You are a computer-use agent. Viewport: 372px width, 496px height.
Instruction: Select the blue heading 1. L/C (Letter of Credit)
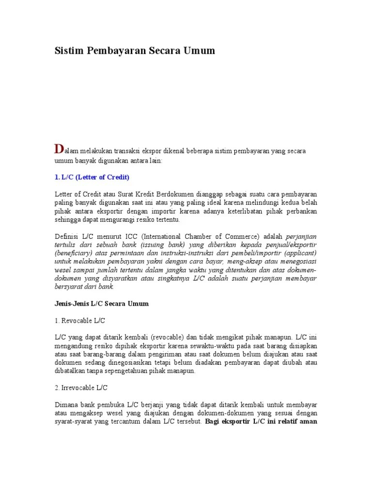click(x=92, y=177)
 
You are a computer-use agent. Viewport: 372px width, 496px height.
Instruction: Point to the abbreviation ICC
click(x=131, y=236)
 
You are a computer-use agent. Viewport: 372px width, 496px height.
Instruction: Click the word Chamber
click(x=206, y=236)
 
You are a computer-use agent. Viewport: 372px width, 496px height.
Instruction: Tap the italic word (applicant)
click(x=301, y=253)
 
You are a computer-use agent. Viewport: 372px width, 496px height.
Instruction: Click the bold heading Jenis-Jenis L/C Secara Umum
click(x=101, y=304)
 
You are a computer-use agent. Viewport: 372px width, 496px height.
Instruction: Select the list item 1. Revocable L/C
click(x=79, y=321)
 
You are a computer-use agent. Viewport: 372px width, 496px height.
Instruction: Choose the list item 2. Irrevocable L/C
click(x=81, y=387)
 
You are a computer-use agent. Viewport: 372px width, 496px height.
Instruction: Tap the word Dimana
click(x=66, y=404)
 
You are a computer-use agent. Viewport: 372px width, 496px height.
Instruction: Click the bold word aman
click(x=308, y=421)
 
